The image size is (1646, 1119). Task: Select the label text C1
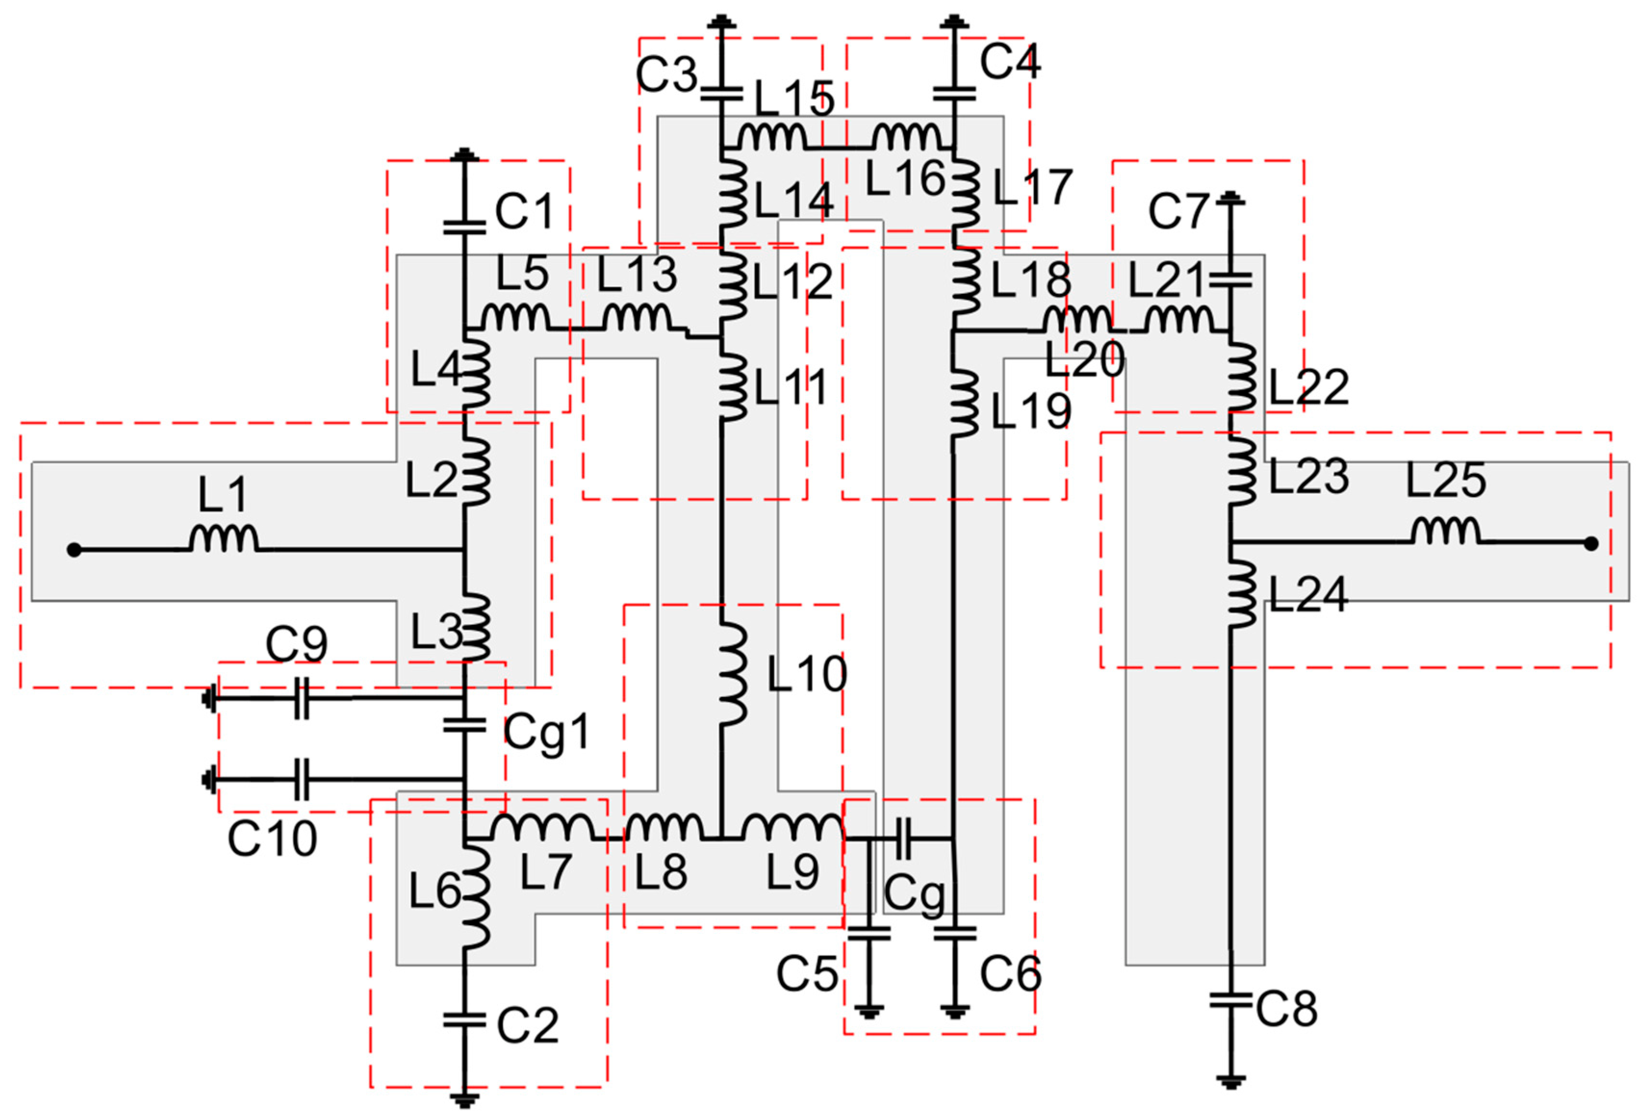523,211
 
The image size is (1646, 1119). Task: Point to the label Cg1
548,733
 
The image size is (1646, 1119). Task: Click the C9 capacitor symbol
302,699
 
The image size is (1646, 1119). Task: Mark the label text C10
272,839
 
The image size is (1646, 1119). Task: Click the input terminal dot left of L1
74,549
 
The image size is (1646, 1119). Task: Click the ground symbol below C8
1231,1082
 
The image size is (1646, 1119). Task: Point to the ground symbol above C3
721,23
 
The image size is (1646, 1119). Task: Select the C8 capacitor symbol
1231,1001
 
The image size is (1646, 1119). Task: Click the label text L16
905,178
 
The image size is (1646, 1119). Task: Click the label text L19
1031,411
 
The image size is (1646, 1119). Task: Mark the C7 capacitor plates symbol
1231,280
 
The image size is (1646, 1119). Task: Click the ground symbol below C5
870,1011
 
